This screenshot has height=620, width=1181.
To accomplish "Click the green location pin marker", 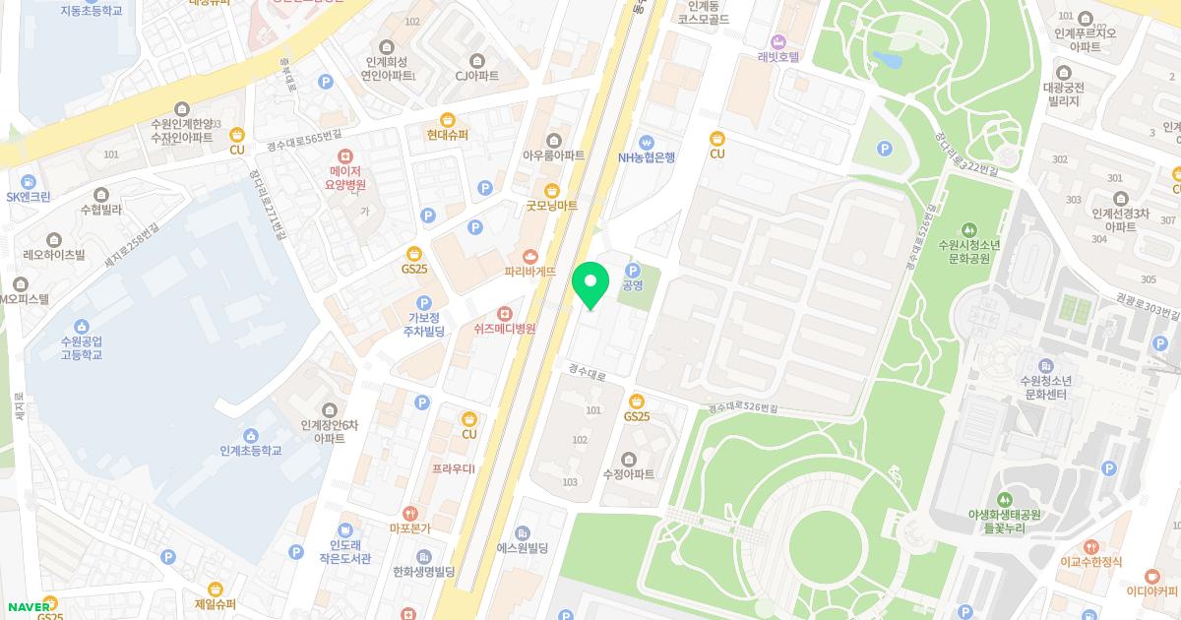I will point(590,284).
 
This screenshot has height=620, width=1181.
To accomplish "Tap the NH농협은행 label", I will point(646,157).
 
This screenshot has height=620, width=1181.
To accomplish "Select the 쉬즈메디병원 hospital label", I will point(504,329).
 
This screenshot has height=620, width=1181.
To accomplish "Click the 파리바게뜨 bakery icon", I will point(530,256).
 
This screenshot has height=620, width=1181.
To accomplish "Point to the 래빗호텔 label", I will point(778,56).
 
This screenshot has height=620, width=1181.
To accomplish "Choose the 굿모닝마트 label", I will point(551,205).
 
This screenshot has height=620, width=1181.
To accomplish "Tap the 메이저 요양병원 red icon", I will point(345,156).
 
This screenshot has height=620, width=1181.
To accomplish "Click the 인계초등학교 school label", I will point(251,450).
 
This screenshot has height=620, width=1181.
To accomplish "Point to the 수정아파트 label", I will point(630,473).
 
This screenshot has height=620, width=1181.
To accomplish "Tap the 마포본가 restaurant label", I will point(409,527).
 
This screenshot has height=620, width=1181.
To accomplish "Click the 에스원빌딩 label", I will point(522,547).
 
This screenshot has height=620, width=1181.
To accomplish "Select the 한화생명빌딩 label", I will point(422,572).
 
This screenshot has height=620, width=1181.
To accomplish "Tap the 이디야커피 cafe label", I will point(1152,591).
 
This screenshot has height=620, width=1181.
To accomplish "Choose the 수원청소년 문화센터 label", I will point(1045,387).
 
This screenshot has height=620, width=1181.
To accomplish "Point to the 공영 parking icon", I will point(634,270).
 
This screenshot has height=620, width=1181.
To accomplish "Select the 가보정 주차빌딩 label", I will point(424,324).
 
